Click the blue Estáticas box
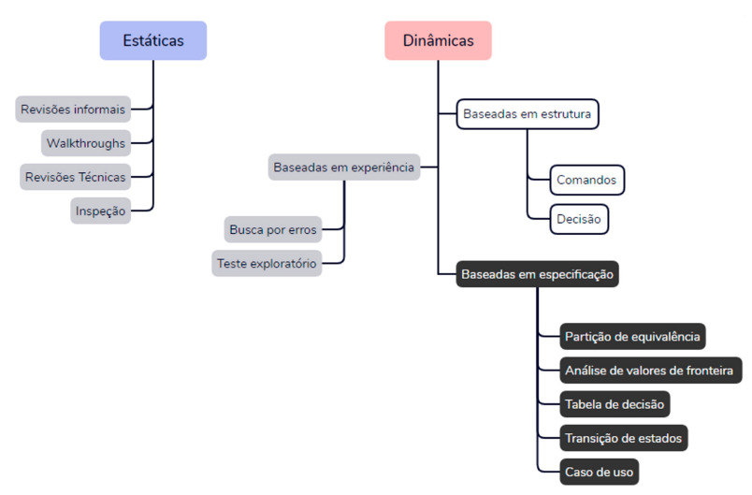pyautogui.click(x=153, y=40)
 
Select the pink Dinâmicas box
pyautogui.click(x=438, y=40)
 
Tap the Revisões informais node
pyautogui.click(x=73, y=109)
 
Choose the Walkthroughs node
pyautogui.click(x=86, y=143)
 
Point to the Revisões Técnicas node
pyautogui.click(x=76, y=177)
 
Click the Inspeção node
pyautogui.click(x=101, y=211)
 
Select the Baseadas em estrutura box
pyautogui.click(x=528, y=114)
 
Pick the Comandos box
pyautogui.click(x=586, y=180)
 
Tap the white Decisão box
pyautogui.click(x=579, y=219)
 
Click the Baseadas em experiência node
pyautogui.click(x=344, y=167)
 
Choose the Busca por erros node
pyautogui.click(x=273, y=229)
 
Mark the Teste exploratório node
pyautogui.click(x=267, y=263)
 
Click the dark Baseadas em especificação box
pyautogui.click(x=537, y=274)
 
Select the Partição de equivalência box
pyautogui.click(x=632, y=336)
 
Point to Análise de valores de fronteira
pyautogui.click(x=650, y=371)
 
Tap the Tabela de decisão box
pyautogui.click(x=615, y=404)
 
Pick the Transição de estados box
pyautogui.click(x=624, y=438)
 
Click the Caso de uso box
pyautogui.click(x=599, y=472)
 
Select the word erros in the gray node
pyautogui.click(x=302, y=230)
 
